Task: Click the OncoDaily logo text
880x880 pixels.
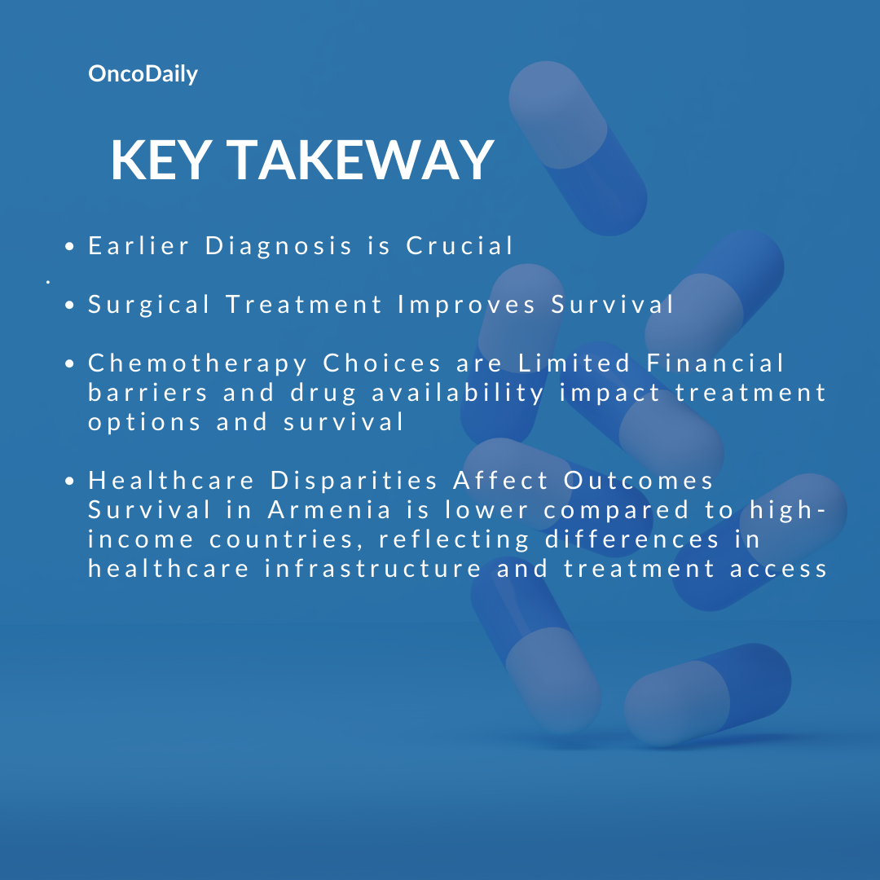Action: pos(143,74)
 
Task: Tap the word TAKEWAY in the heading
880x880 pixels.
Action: pos(360,161)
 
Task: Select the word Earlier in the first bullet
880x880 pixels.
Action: pos(139,246)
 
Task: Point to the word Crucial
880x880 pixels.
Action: pos(460,246)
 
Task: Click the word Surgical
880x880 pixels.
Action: pos(149,305)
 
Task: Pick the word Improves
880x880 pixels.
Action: pos(467,305)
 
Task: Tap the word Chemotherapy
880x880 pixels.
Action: pos(198,363)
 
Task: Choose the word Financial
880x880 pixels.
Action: pos(715,363)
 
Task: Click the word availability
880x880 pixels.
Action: pos(458,393)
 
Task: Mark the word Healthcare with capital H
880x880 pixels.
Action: pos(172,481)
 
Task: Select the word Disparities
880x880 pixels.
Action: pos(354,481)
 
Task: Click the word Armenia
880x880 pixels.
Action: pos(329,510)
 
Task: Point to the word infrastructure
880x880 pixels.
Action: pos(373,569)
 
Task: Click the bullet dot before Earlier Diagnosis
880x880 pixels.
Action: pos(69,246)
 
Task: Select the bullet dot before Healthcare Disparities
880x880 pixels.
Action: pos(69,481)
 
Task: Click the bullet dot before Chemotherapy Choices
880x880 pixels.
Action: pos(69,363)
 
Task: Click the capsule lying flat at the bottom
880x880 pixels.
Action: pos(708,695)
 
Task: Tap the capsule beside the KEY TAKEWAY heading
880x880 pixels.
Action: pos(578,148)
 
